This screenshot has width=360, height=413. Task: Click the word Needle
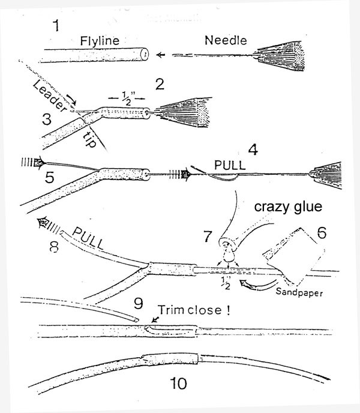[223, 41]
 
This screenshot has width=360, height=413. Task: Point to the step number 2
[159, 83]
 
